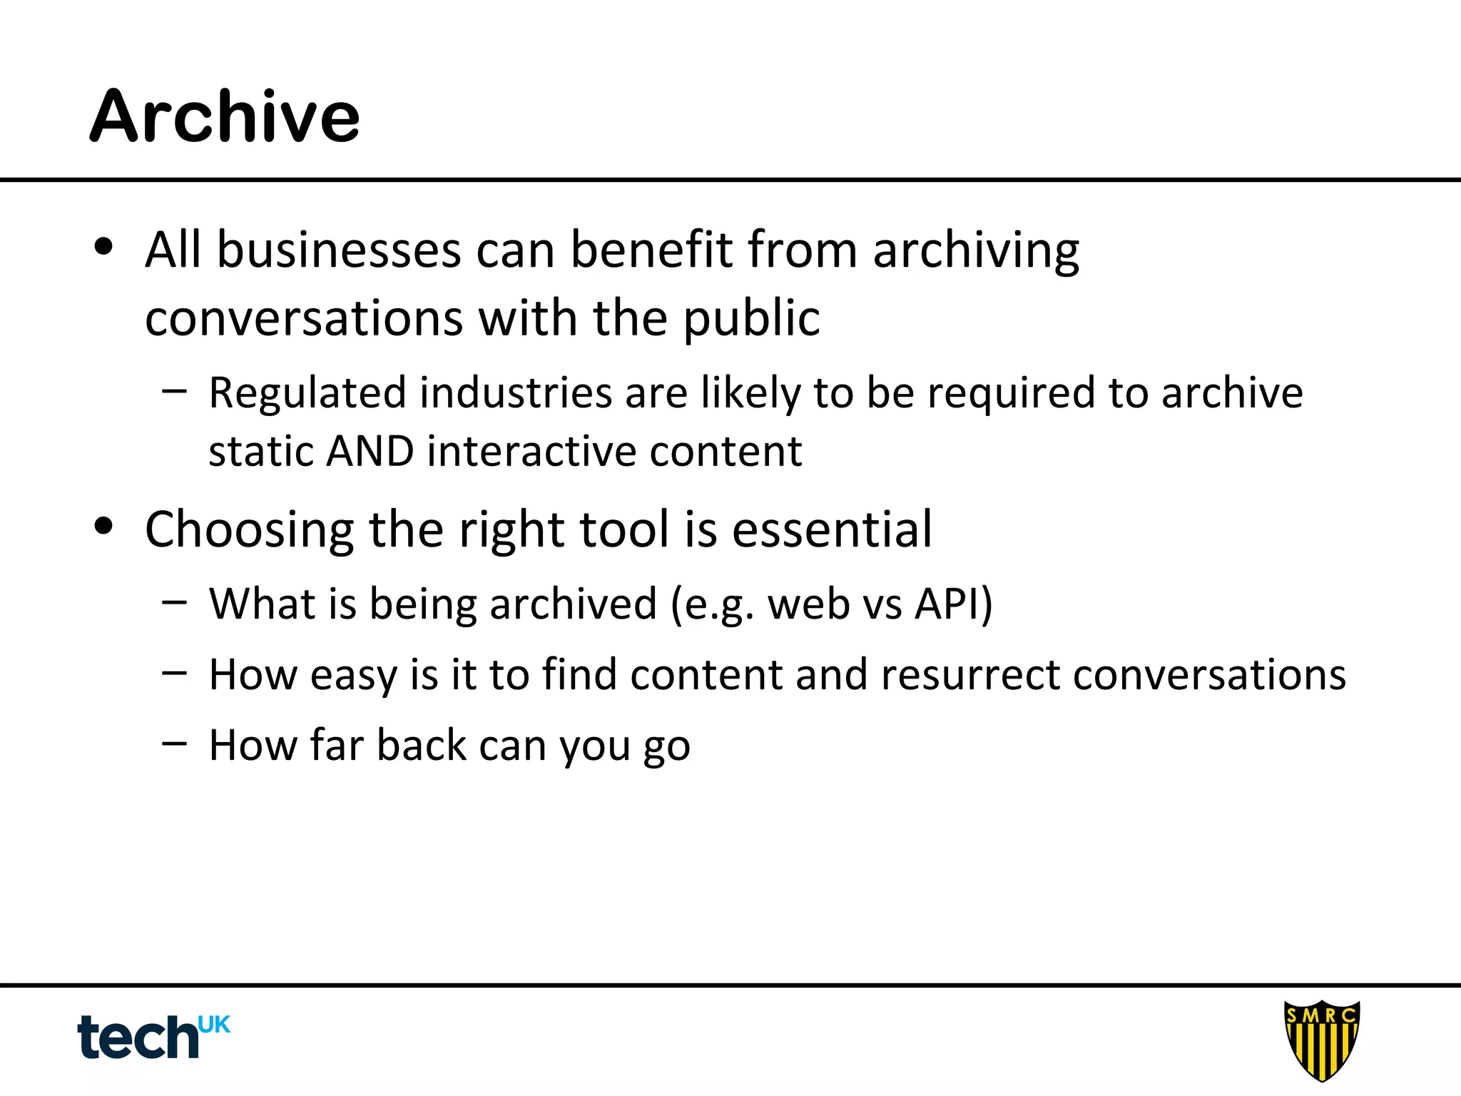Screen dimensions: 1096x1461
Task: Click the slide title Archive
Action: (x=225, y=116)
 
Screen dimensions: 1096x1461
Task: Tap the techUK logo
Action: (x=153, y=1036)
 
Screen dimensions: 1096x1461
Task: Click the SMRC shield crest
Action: (x=1321, y=1040)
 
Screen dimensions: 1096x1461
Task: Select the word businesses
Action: (x=339, y=250)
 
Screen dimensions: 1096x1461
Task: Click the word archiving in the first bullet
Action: (x=975, y=252)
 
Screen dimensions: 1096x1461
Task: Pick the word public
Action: (x=751, y=318)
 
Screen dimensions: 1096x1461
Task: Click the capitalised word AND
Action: (x=370, y=452)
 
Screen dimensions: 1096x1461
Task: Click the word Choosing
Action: (x=249, y=531)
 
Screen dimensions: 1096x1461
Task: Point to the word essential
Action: (x=832, y=529)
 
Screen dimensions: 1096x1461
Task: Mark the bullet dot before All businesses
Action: (x=104, y=247)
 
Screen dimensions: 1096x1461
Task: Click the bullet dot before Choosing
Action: (x=104, y=527)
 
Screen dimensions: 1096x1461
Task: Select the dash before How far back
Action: (x=174, y=743)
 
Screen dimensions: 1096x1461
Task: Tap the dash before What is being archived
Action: (x=174, y=602)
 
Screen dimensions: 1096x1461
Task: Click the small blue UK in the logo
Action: (x=214, y=1025)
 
